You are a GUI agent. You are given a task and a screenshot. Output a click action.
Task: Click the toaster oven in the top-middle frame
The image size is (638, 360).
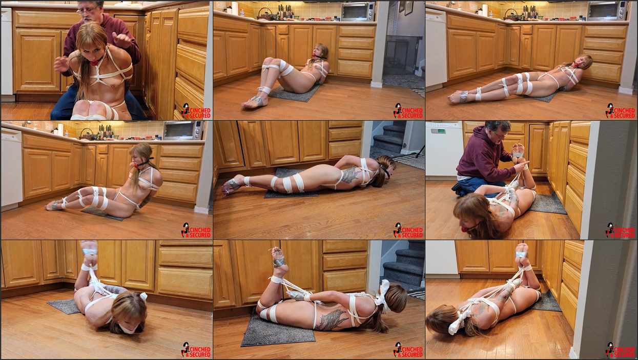coord(358,11)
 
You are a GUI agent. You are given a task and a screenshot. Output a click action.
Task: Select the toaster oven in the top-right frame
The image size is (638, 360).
coord(607,11)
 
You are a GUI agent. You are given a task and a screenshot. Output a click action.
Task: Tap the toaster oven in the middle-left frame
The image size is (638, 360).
coord(183,130)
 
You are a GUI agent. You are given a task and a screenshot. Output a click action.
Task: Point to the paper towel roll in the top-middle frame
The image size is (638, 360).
coord(234,8)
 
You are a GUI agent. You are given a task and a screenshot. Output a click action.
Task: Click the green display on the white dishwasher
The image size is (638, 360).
coord(438,131)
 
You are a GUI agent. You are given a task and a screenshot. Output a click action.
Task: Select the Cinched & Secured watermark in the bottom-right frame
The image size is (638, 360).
coord(621,350)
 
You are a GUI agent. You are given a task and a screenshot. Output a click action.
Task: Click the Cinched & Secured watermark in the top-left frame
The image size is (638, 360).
coord(196,111)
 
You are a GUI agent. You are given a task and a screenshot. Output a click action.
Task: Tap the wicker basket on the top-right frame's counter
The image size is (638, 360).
coord(512,15)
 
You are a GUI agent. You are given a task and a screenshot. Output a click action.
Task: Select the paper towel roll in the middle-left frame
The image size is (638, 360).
coord(60,129)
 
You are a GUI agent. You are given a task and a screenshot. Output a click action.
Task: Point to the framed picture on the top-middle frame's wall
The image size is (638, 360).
coord(409,8)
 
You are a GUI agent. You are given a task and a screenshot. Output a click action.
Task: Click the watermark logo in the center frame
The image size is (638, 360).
coord(408,230)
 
